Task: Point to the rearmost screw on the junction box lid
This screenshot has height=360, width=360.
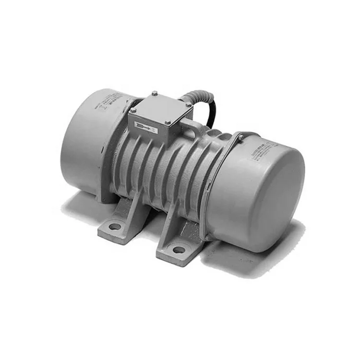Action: pyautogui.click(x=154, y=93)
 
